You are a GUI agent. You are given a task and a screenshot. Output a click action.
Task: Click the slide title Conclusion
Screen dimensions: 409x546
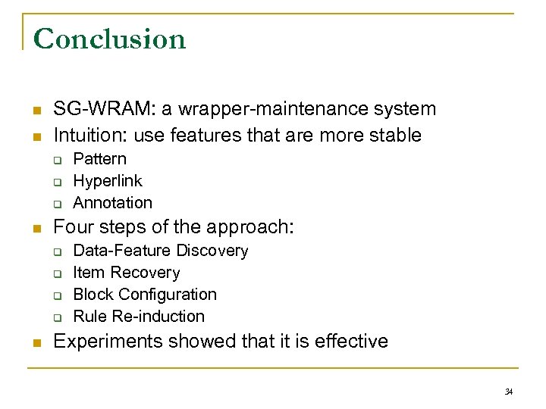click(x=110, y=39)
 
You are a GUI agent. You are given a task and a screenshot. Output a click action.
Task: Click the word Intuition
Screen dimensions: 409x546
click(x=84, y=136)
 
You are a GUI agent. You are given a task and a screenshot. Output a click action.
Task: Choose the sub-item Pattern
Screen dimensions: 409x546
click(x=99, y=159)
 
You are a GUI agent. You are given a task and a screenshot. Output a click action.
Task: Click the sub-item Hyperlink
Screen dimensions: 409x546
click(x=107, y=181)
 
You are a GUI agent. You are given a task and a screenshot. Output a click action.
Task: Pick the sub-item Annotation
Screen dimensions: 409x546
click(x=112, y=203)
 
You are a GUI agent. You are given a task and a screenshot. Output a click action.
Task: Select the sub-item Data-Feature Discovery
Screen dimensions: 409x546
click(x=160, y=251)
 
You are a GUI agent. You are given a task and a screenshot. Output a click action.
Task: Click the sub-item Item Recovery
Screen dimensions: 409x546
click(x=126, y=273)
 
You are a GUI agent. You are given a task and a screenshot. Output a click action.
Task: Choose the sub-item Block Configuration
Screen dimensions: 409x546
click(x=144, y=295)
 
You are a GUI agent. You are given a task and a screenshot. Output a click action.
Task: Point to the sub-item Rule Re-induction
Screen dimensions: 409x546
click(x=138, y=317)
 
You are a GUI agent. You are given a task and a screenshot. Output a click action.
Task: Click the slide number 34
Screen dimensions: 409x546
click(x=509, y=391)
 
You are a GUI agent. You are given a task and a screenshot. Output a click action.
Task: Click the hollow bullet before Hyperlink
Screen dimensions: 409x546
click(x=57, y=182)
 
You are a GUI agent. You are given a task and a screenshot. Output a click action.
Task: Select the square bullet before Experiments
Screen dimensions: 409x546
click(x=36, y=342)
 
